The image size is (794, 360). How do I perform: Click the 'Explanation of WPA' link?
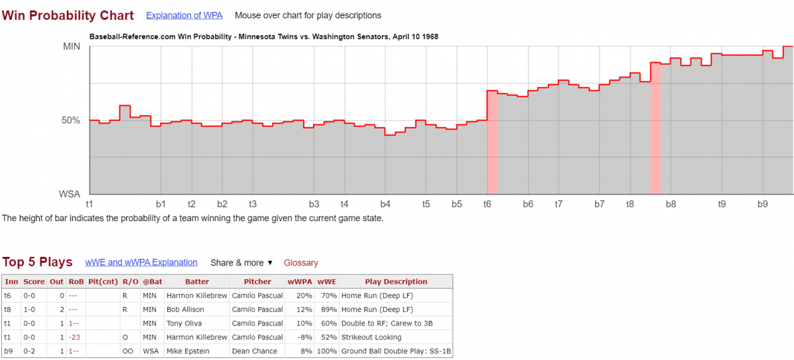pos(184,15)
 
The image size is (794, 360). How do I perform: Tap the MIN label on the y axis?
pos(71,46)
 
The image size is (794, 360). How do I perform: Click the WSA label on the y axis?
pos(69,194)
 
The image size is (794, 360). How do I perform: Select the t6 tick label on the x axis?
pos(488,204)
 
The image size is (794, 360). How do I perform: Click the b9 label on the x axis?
pos(762,204)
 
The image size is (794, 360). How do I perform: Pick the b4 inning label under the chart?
pos(385,204)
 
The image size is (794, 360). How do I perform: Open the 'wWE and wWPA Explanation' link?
pos(141,263)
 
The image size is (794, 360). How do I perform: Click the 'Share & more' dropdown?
pos(242,263)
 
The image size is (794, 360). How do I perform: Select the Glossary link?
pos(300,263)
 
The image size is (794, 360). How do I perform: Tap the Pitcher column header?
pos(257,282)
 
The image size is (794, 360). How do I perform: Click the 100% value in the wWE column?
pos(326,351)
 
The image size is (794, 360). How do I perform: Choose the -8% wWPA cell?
pos(301,337)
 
